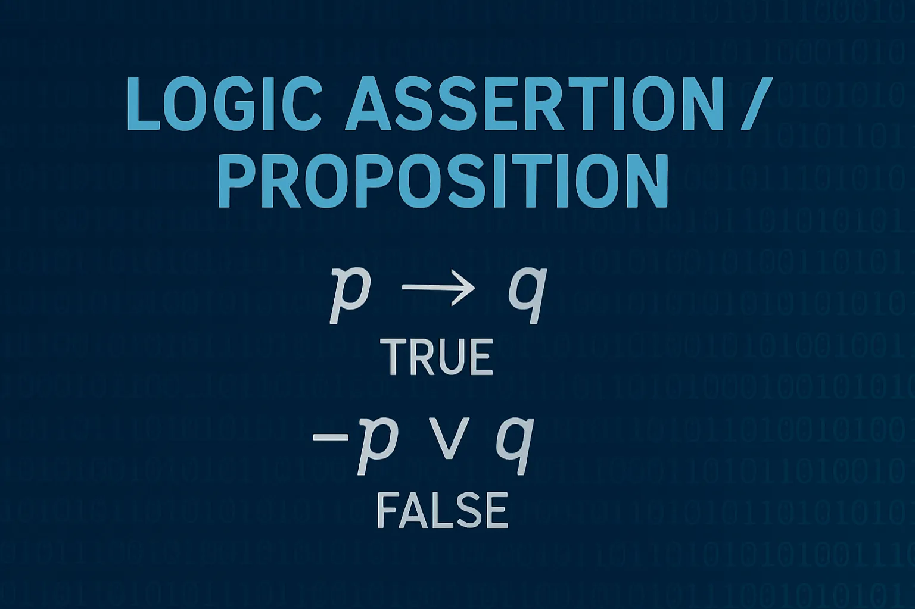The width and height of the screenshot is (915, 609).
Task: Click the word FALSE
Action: [x=442, y=510]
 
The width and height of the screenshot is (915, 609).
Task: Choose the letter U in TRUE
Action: [x=452, y=357]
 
